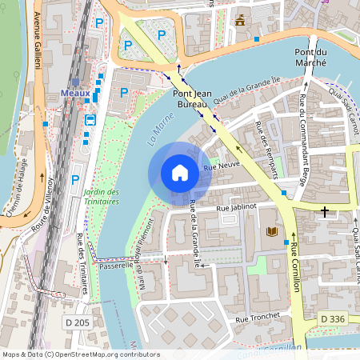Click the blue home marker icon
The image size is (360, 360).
tap(180, 173)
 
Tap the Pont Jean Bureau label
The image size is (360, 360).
tap(191, 98)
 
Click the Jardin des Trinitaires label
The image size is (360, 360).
tap(101, 197)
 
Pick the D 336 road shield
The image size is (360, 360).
tap(334, 319)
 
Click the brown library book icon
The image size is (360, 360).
tap(272, 232)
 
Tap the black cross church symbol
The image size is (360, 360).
tap(324, 212)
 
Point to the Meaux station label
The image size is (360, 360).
tap(75, 93)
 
